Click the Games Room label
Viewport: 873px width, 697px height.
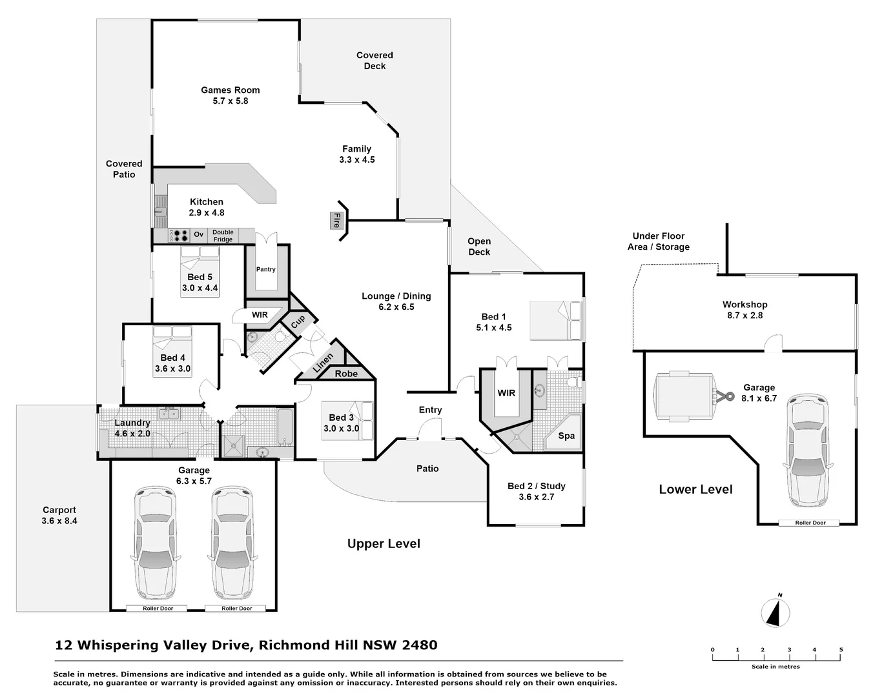click(x=230, y=90)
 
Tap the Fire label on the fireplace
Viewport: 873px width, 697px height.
click(x=336, y=221)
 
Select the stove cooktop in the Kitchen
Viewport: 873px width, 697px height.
click(x=179, y=236)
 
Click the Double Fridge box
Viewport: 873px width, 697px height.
click(x=223, y=236)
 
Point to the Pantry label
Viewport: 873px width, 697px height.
click(x=266, y=269)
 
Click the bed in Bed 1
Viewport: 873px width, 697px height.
click(x=556, y=320)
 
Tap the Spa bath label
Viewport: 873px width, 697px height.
click(x=566, y=436)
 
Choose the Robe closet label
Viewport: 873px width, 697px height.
click(x=347, y=374)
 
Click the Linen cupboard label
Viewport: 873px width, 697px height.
click(x=324, y=363)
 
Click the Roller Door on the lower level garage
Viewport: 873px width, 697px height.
click(x=810, y=523)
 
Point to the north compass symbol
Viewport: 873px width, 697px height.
click(x=775, y=612)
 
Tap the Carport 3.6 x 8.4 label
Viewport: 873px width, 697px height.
click(x=59, y=516)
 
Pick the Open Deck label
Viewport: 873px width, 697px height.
click(x=479, y=247)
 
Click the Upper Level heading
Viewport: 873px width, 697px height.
click(x=384, y=544)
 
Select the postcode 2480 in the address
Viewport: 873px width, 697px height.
click(x=420, y=645)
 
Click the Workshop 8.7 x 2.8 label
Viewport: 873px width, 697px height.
click(x=745, y=310)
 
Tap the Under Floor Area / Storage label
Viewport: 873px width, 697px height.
click(x=659, y=241)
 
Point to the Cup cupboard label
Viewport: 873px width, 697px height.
click(x=298, y=321)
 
